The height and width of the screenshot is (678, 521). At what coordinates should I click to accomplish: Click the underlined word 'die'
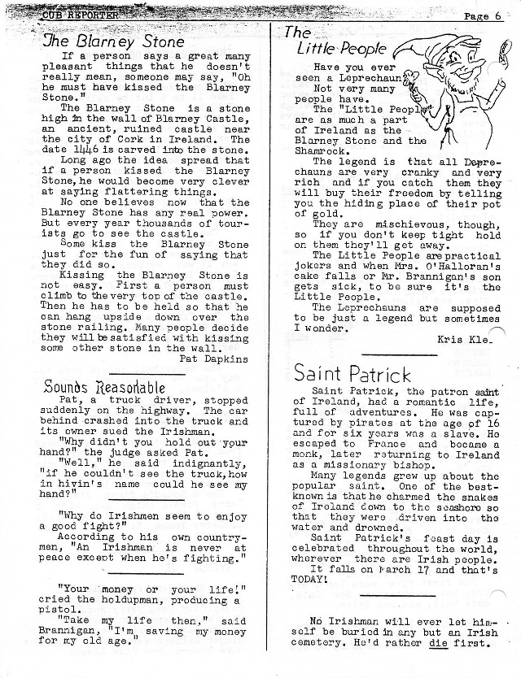441,647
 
